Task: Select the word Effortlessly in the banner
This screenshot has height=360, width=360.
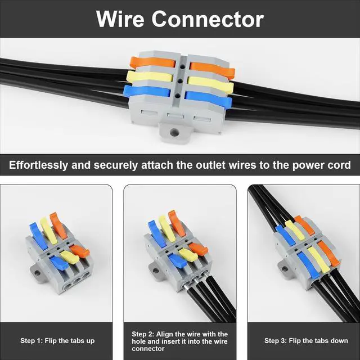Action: (x=44, y=165)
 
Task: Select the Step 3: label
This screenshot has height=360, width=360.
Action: (x=277, y=341)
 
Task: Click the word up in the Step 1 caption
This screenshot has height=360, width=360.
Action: (x=91, y=341)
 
